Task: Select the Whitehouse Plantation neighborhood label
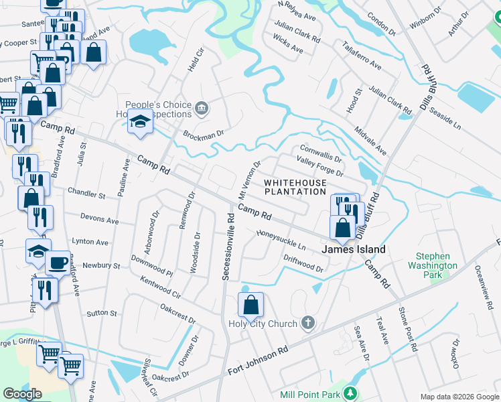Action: pyautogui.click(x=295, y=187)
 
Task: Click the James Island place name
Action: pyautogui.click(x=354, y=249)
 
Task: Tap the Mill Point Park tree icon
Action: pyautogui.click(x=348, y=392)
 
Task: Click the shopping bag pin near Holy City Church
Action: pyautogui.click(x=250, y=306)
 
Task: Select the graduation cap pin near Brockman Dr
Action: pyautogui.click(x=140, y=123)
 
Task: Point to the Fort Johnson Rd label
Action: pyautogui.click(x=258, y=359)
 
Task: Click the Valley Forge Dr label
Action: pyautogui.click(x=320, y=167)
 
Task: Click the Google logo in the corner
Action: pyautogui.click(x=22, y=394)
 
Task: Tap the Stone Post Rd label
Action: pyautogui.click(x=408, y=330)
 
